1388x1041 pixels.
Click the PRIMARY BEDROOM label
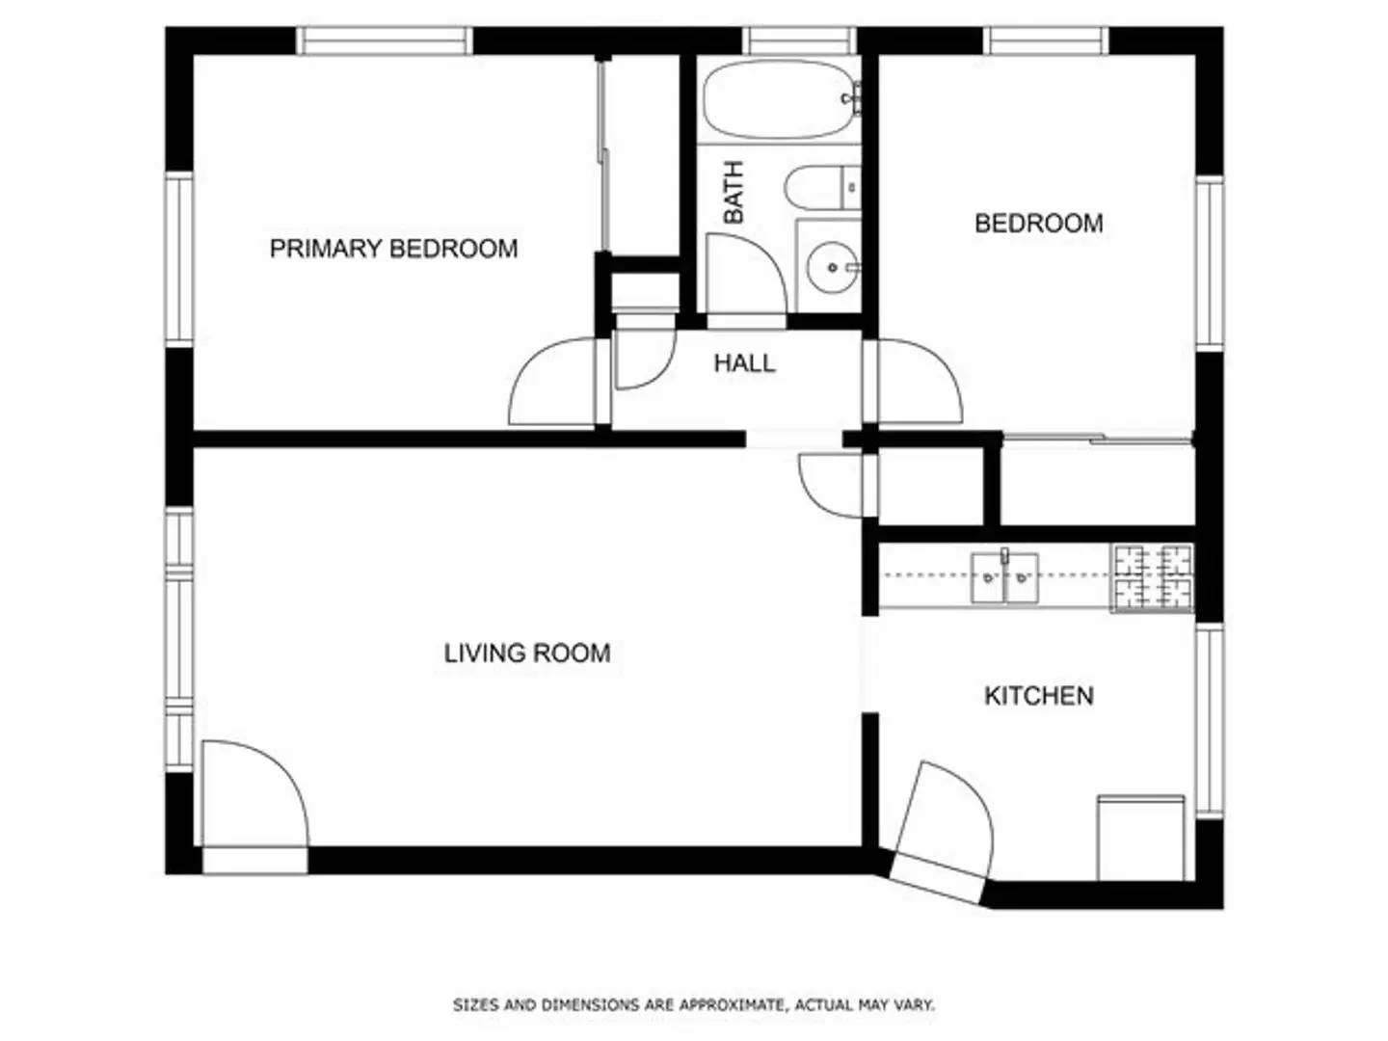[x=393, y=249]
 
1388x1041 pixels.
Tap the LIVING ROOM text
[x=527, y=654]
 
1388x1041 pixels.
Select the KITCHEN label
[x=1038, y=696]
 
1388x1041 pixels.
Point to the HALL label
[x=744, y=363]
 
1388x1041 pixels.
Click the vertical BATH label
[x=734, y=193]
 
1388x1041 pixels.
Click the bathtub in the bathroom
[x=779, y=100]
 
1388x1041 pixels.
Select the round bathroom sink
[x=828, y=266]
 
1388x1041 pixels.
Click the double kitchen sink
[x=1004, y=576]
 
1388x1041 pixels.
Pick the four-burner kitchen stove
[x=1153, y=577]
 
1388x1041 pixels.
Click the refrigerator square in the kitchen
[x=1141, y=837]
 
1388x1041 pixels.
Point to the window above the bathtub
[x=800, y=40]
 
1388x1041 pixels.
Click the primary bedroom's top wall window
[x=384, y=40]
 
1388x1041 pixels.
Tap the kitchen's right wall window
[x=1209, y=720]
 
